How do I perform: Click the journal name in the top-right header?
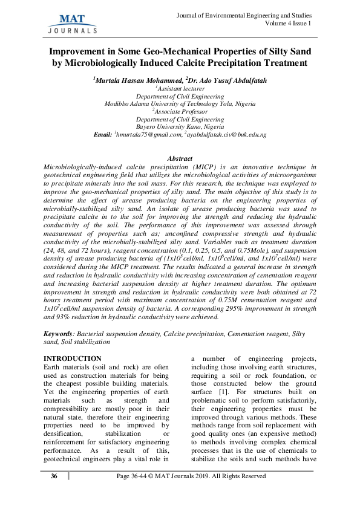[x=243, y=15]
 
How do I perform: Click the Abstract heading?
[x=180, y=158]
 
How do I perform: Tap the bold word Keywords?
[x=59, y=333]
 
